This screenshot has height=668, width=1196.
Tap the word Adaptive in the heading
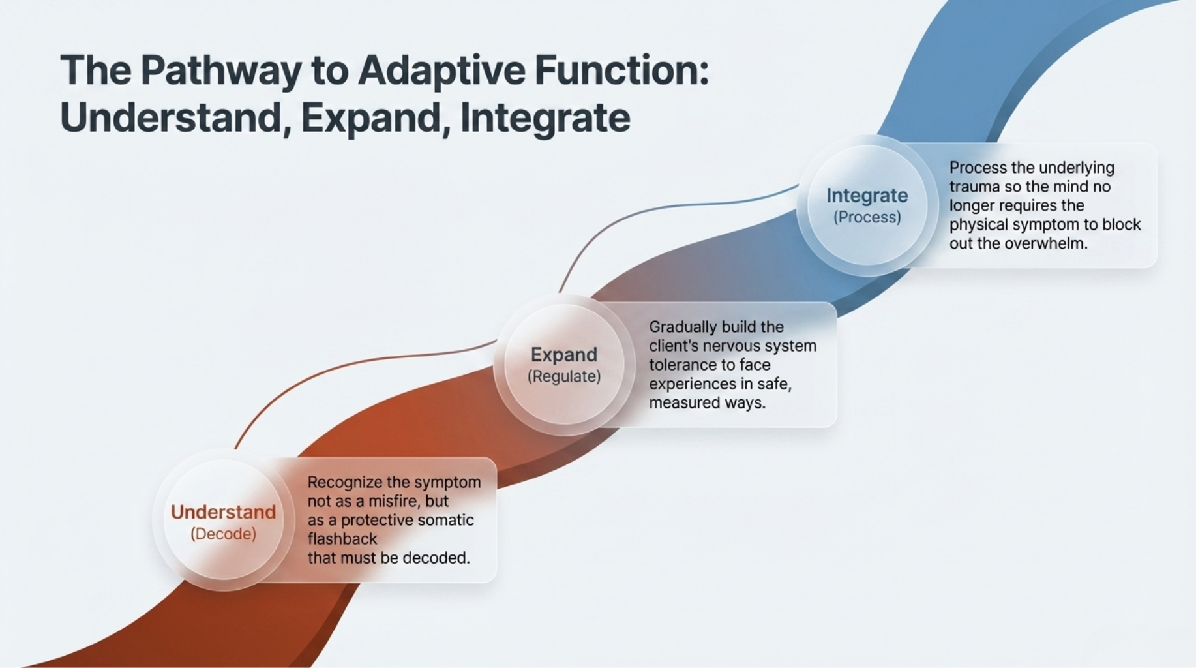(441, 70)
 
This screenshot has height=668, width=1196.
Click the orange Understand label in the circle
(223, 512)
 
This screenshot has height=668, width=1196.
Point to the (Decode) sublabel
(223, 534)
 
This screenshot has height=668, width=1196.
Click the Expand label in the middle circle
(563, 354)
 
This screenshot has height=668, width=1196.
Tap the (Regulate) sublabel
(563, 376)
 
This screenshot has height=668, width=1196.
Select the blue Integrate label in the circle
(867, 195)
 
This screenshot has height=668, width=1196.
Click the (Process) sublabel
(867, 217)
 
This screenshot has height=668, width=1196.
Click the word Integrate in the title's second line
(545, 118)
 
